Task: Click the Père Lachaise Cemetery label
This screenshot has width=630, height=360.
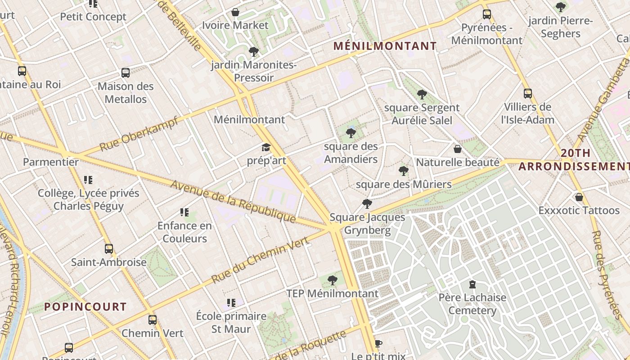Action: pyautogui.click(x=472, y=304)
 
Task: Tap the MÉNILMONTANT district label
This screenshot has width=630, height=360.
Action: pyautogui.click(x=385, y=46)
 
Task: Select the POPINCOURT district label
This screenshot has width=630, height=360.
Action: pyautogui.click(x=85, y=307)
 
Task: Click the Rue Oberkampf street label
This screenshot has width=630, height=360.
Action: pyautogui.click(x=139, y=134)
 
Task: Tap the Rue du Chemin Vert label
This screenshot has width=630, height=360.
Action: pyautogui.click(x=260, y=260)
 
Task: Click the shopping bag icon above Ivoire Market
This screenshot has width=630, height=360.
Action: pyautogui.click(x=235, y=12)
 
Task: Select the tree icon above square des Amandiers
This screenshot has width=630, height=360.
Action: pyautogui.click(x=351, y=133)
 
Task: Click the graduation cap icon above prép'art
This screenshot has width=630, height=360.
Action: pyautogui.click(x=266, y=148)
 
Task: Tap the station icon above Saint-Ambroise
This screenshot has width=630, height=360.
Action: pyautogui.click(x=108, y=249)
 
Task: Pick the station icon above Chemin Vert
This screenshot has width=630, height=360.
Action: pyautogui.click(x=153, y=320)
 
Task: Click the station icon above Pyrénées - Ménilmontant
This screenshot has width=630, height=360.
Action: pyautogui.click(x=486, y=14)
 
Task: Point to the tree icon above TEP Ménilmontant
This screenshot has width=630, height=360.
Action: pyautogui.click(x=333, y=280)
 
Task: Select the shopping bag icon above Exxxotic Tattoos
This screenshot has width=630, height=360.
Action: pyautogui.click(x=579, y=197)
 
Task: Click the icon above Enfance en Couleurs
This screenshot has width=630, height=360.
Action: pyautogui.click(x=184, y=212)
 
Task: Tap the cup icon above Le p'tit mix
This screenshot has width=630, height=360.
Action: pyautogui.click(x=378, y=344)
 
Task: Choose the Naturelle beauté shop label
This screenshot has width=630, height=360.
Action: pyautogui.click(x=458, y=162)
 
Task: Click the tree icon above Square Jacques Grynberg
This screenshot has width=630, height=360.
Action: pyautogui.click(x=367, y=204)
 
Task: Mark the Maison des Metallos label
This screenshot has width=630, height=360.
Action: pyautogui.click(x=126, y=93)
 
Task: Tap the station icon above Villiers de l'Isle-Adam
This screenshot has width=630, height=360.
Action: pyautogui.click(x=528, y=94)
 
